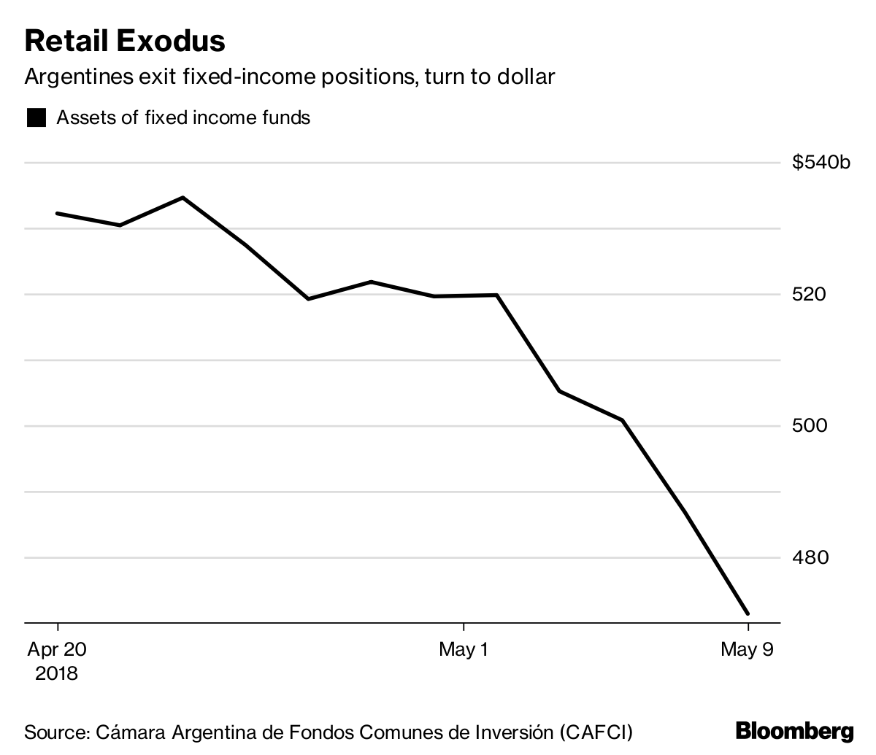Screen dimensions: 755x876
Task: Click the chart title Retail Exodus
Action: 125,41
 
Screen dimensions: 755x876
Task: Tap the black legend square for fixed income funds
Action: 36,118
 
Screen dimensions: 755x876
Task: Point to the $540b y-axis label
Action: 821,163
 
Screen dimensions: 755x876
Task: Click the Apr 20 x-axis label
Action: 57,649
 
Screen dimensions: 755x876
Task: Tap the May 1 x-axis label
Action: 464,649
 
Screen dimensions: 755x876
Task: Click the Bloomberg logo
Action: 794,731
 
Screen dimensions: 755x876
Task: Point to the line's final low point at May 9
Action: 748,613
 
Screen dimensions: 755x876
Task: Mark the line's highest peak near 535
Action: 182,198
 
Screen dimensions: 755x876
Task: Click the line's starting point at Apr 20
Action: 57,214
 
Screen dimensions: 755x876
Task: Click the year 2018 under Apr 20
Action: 57,673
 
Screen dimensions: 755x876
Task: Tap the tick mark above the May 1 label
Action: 464,628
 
